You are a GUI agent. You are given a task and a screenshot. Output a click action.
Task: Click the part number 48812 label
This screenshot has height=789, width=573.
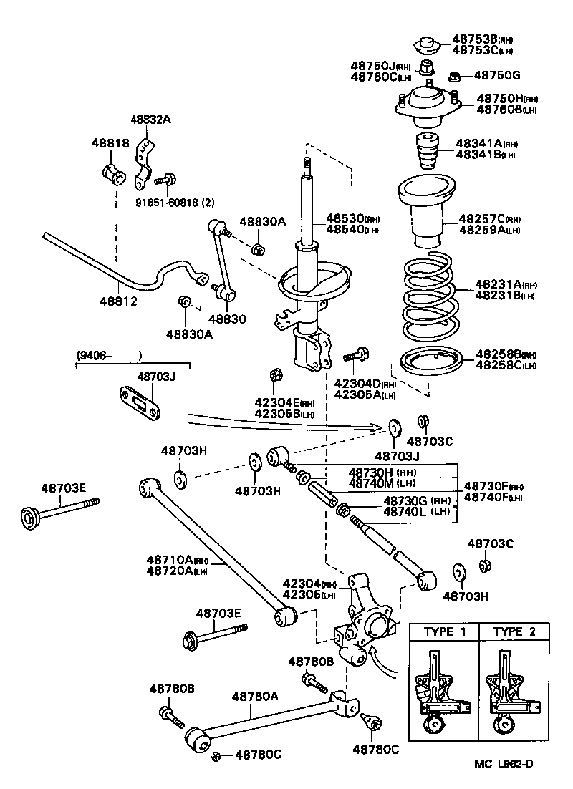(x=118, y=301)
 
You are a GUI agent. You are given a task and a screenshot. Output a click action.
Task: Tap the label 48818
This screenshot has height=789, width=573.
(x=110, y=143)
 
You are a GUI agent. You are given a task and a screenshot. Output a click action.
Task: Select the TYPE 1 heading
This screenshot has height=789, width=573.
(x=449, y=631)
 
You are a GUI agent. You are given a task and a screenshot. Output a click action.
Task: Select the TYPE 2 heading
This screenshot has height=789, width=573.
(x=514, y=631)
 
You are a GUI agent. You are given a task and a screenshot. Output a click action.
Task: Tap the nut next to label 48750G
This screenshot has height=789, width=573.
(x=453, y=75)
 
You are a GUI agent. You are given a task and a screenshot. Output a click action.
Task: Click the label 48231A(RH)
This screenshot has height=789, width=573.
(x=501, y=284)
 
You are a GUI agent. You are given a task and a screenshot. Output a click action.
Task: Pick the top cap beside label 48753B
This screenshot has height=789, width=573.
(x=428, y=44)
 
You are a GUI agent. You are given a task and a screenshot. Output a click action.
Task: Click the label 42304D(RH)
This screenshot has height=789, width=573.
(x=365, y=383)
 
